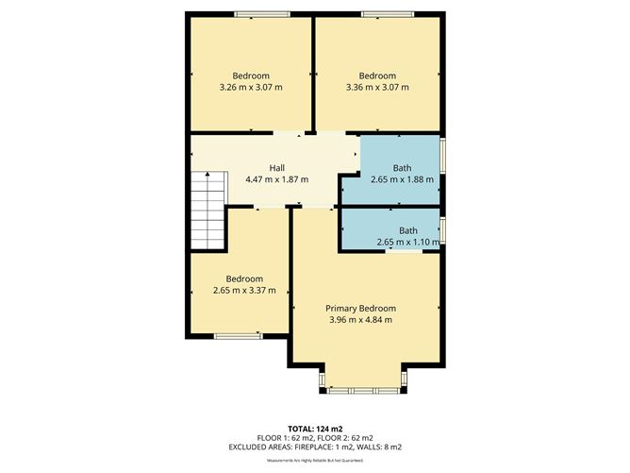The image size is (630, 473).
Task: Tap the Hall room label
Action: point(276,167)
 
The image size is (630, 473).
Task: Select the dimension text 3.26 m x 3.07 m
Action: point(250,87)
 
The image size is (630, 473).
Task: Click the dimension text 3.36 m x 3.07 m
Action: point(377,87)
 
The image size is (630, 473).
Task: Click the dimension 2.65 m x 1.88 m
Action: point(402,178)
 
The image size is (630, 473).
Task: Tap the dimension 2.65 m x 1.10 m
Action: point(407,242)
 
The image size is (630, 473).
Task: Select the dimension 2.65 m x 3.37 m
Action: point(244,290)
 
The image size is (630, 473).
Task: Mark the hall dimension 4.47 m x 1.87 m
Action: point(276,178)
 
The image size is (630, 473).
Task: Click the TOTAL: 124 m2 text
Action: point(314,429)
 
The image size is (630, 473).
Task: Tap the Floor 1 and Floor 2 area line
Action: point(314,438)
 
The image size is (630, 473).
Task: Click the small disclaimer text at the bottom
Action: point(314,460)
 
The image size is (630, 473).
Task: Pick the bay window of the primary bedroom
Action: point(363,387)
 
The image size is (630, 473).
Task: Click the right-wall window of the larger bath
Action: point(443,157)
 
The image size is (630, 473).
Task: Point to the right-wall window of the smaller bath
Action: point(443,229)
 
